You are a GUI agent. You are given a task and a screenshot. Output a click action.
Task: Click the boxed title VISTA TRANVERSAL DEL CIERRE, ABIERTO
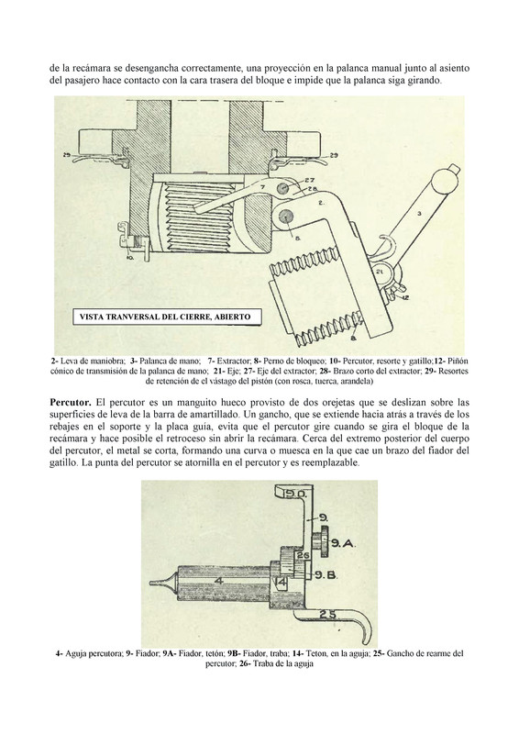point(165,317)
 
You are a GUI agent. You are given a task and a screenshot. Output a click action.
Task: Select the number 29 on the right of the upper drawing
point(334,155)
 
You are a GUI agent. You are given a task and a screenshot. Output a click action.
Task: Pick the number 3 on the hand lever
point(419,214)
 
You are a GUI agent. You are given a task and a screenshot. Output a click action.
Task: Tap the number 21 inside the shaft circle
point(380,272)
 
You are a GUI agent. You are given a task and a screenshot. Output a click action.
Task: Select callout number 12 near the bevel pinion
point(404,297)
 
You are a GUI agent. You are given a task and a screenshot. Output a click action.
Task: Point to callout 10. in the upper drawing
point(130,257)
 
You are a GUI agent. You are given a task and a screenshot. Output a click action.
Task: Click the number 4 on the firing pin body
point(216,581)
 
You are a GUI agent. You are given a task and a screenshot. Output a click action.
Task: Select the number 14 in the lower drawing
point(282,583)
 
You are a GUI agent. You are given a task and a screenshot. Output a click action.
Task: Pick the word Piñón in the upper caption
point(458,361)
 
